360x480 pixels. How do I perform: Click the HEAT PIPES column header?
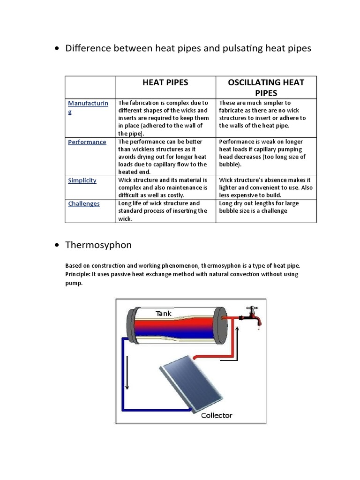165,82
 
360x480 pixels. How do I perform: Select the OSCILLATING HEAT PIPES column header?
266,87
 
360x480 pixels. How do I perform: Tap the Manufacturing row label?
88,107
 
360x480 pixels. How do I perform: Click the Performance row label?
87,142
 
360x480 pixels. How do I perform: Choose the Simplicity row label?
82,180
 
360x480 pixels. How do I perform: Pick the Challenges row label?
84,204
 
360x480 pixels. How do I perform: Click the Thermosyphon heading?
98,245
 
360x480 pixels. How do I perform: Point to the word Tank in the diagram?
164,313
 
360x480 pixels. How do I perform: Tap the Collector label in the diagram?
216,415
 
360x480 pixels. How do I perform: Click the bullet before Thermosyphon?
57,245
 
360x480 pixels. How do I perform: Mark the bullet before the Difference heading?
57,49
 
